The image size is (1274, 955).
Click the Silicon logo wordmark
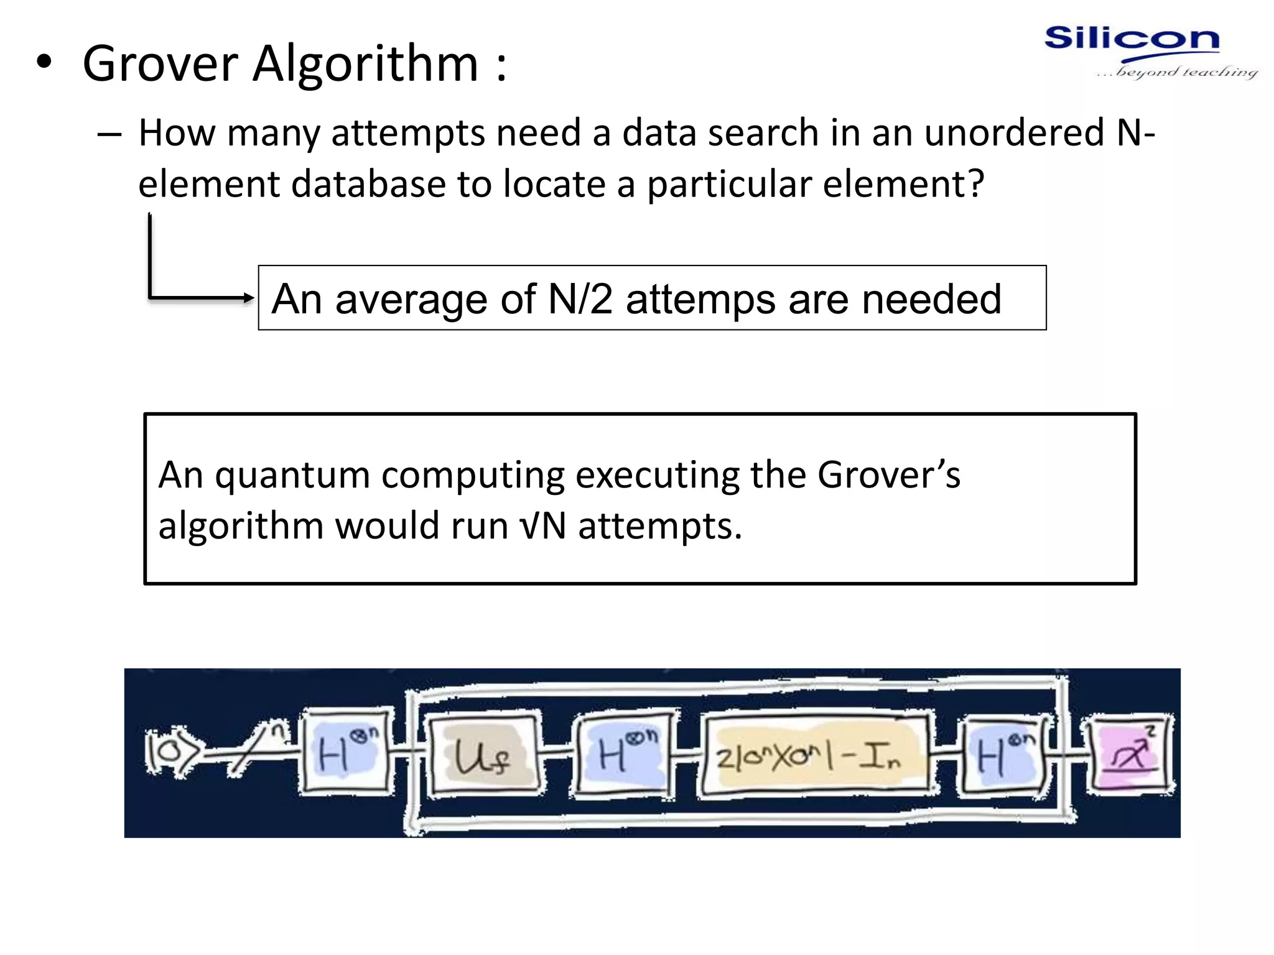1132,39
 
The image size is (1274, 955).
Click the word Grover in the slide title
160,63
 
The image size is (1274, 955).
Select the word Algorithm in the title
365,63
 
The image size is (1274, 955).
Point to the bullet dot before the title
44,62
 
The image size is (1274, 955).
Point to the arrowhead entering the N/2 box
249,298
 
